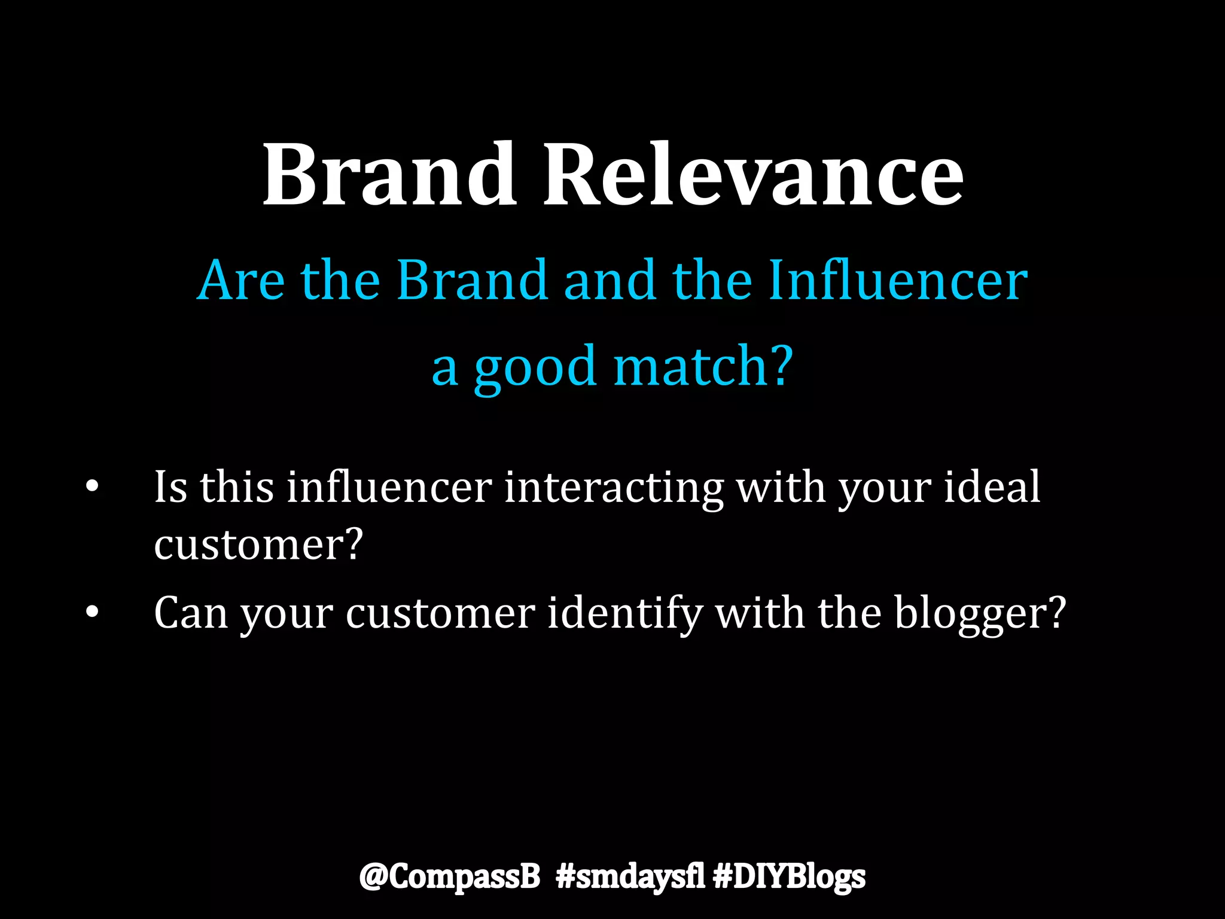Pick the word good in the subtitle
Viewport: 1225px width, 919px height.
click(535, 367)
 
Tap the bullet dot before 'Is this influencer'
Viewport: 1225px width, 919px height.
click(92, 486)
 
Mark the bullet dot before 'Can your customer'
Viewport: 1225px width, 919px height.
click(92, 613)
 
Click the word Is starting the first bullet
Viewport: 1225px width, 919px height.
click(170, 486)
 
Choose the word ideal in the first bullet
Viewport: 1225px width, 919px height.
click(992, 486)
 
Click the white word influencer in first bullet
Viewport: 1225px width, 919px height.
click(389, 486)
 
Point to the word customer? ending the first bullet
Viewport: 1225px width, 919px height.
click(258, 544)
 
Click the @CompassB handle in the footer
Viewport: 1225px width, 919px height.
click(450, 877)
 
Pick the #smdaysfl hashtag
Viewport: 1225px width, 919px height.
click(630, 877)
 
